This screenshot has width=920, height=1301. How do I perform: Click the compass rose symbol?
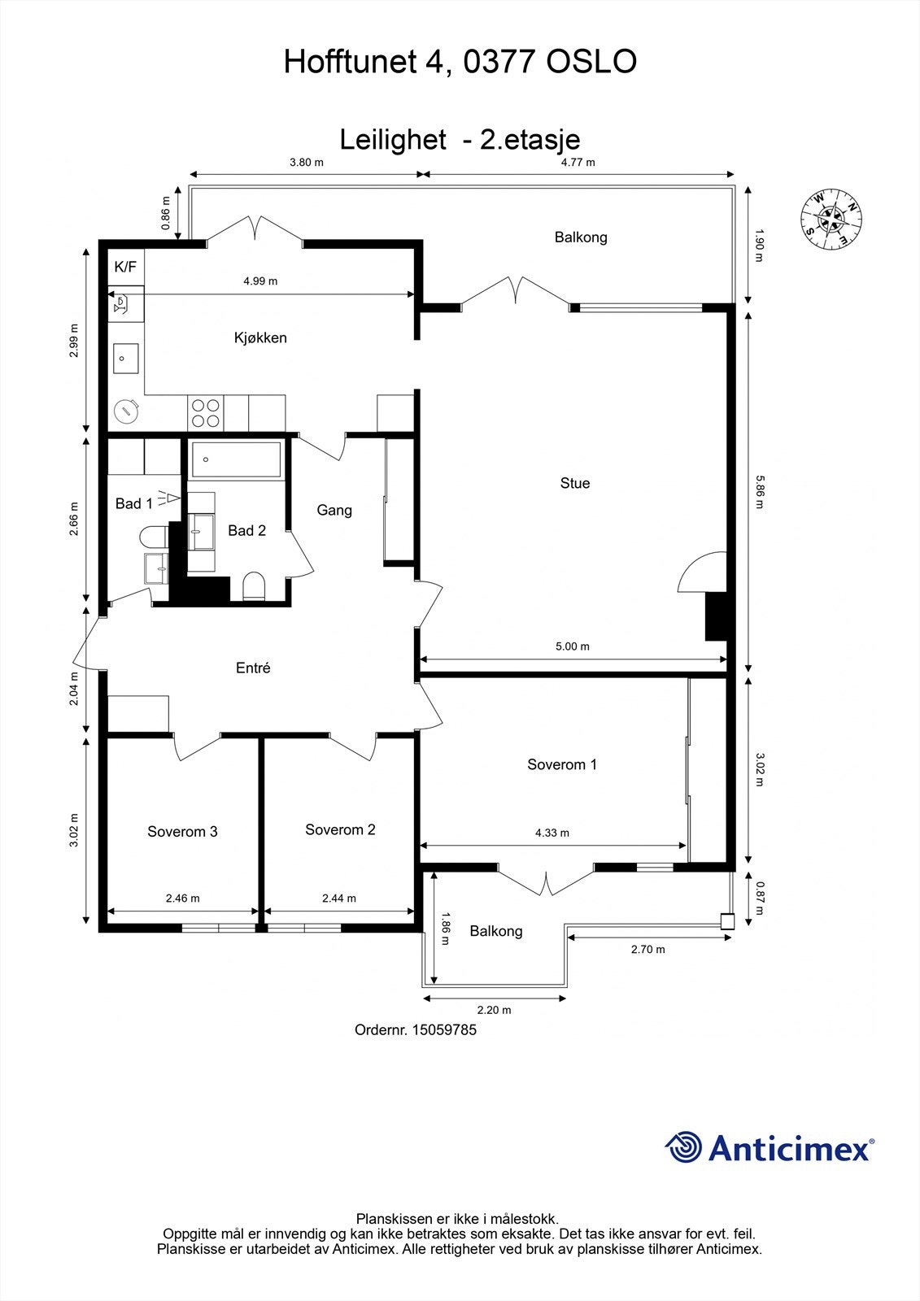831,219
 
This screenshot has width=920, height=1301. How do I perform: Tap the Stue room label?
574,483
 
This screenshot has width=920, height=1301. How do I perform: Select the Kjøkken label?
260,337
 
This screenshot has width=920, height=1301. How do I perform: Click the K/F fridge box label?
125,267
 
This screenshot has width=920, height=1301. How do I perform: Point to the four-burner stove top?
205,412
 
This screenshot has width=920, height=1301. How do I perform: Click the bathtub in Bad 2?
236,459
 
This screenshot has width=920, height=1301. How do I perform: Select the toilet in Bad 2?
255,586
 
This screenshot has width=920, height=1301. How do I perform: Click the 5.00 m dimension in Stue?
572,646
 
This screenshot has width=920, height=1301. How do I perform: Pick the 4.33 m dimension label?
552,833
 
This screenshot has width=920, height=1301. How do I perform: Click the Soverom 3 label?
182,831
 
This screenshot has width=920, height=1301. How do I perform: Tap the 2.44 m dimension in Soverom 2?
338,899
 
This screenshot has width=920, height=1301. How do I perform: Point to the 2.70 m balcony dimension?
647,949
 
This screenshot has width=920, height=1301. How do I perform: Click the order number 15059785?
444,1029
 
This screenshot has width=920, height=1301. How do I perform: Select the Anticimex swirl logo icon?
683,1147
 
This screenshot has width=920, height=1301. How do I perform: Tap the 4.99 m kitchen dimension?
260,281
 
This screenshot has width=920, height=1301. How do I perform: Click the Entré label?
253,668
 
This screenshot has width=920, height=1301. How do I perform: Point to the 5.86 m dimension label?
758,492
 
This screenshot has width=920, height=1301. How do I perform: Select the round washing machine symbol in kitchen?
126,411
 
